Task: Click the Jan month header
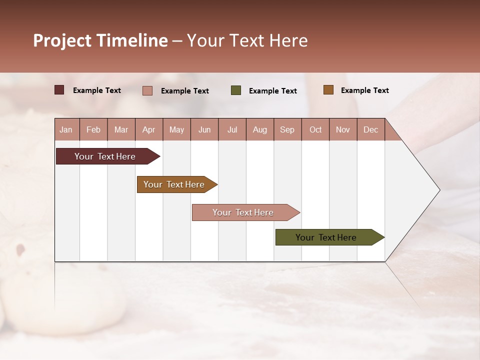pyautogui.click(x=66, y=129)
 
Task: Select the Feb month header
pyautogui.click(x=93, y=129)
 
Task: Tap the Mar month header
pyautogui.click(x=121, y=129)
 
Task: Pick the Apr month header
pyautogui.click(x=148, y=129)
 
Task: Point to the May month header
pyautogui.click(x=176, y=129)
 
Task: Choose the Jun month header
pyautogui.click(x=204, y=129)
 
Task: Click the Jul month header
pyautogui.click(x=232, y=129)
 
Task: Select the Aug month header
pyautogui.click(x=260, y=129)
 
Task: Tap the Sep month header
pyautogui.click(x=287, y=129)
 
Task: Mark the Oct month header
pyautogui.click(x=315, y=129)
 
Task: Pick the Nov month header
pyautogui.click(x=343, y=129)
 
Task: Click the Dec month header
pyautogui.click(x=371, y=129)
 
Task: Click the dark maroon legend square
pyautogui.click(x=59, y=90)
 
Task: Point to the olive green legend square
pyautogui.click(x=236, y=90)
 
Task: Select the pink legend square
pyautogui.click(x=147, y=90)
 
